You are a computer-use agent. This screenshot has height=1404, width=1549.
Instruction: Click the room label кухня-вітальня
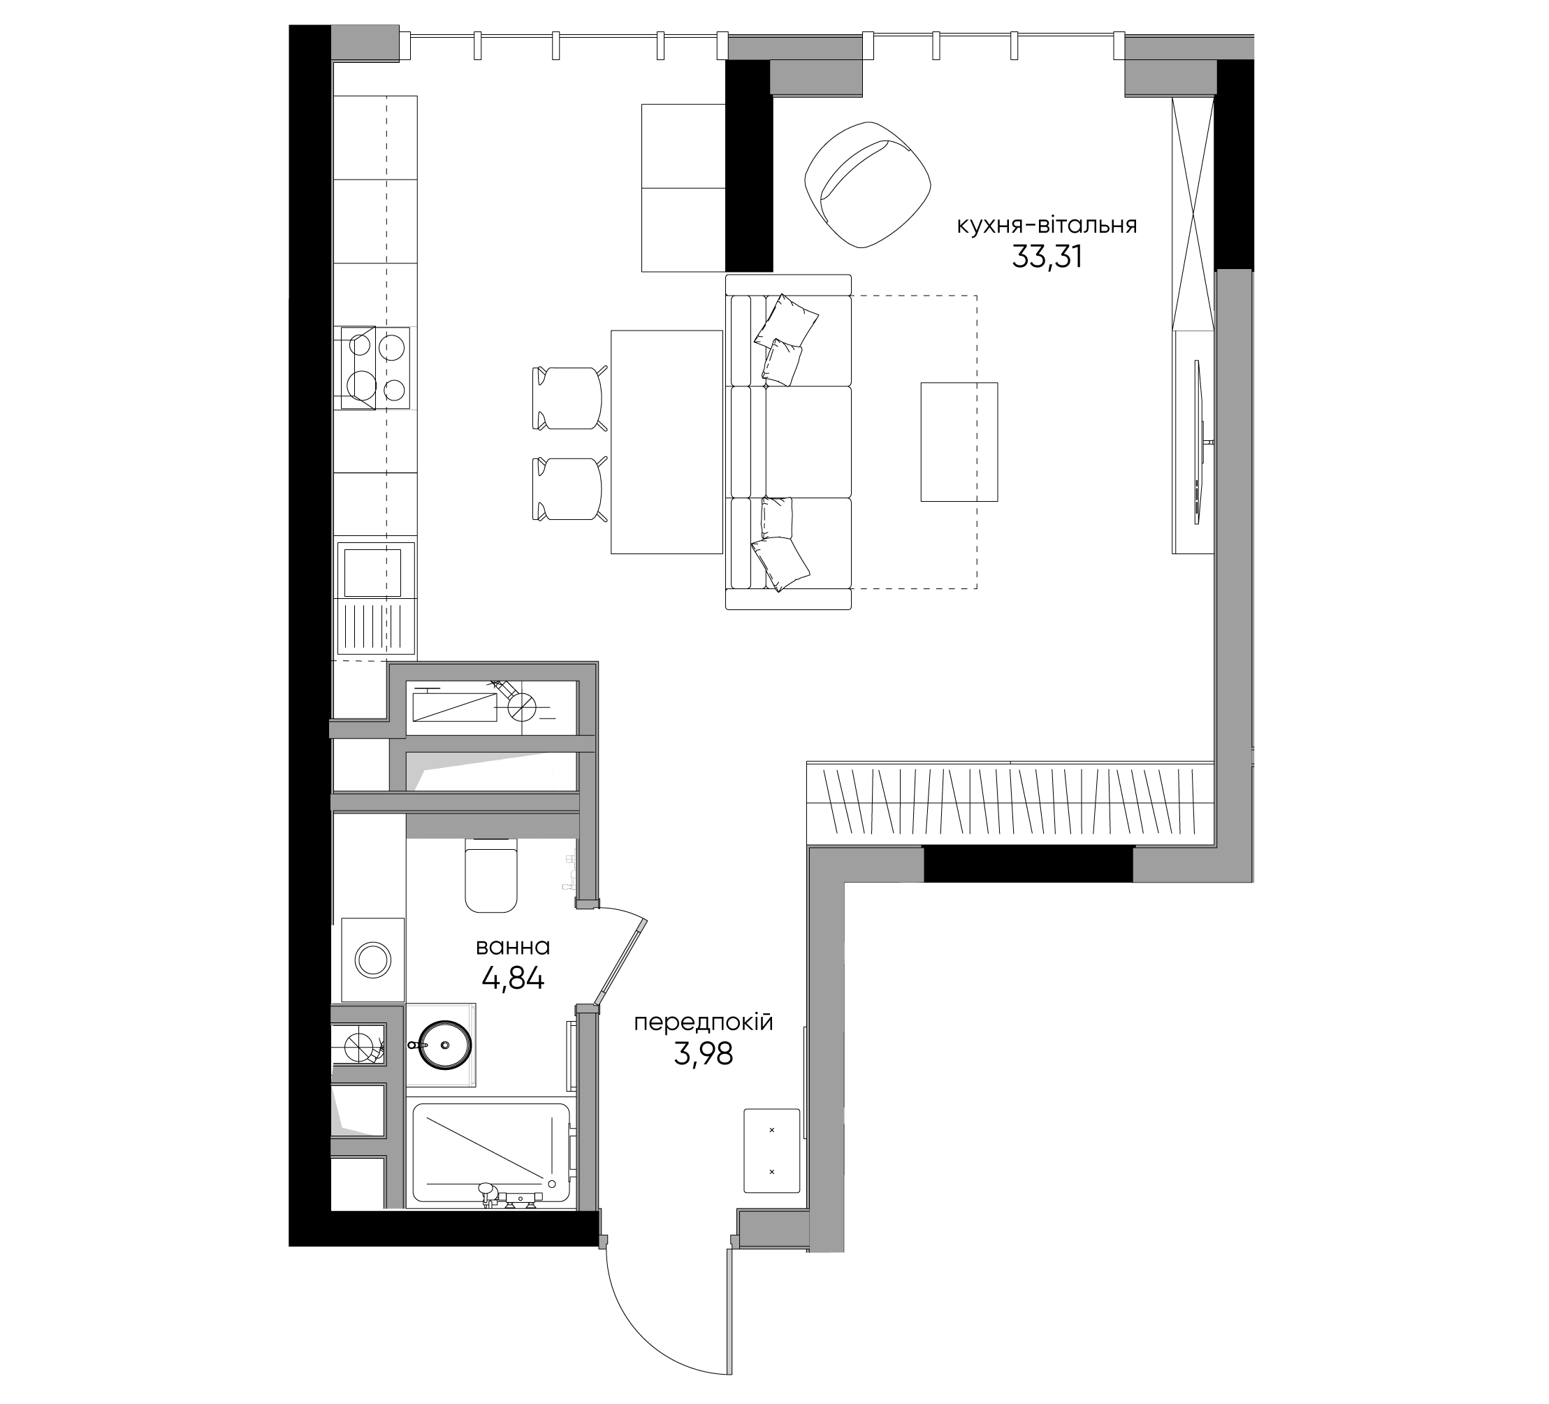coord(1047,226)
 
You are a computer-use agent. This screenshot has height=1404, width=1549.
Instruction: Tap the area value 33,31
coord(1047,256)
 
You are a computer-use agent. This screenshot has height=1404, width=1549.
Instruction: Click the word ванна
coord(513,947)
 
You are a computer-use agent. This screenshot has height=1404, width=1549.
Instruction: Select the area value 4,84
coord(514,978)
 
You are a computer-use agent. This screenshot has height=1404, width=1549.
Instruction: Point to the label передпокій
coord(703,1023)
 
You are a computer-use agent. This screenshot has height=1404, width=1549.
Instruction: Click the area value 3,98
coord(703,1055)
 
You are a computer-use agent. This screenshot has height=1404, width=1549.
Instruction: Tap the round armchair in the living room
coord(868,184)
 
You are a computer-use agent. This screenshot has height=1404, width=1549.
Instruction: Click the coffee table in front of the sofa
coord(959,442)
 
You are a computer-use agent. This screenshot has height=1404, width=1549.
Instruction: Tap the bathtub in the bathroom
coord(492,1155)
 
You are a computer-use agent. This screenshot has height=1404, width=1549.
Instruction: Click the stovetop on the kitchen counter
coord(375,368)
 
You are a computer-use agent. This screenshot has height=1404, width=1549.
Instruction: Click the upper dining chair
coord(569,398)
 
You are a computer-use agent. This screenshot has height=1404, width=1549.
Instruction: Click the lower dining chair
coord(569,488)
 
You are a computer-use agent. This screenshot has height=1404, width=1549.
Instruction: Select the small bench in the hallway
coord(771,1150)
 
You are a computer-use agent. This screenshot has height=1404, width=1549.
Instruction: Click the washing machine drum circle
coord(372,961)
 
